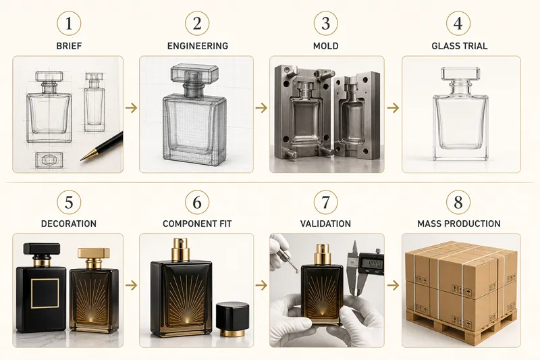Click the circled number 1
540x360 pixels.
point(69,24)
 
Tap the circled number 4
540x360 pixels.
point(458,24)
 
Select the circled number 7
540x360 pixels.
point(326,202)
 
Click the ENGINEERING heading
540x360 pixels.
point(198,46)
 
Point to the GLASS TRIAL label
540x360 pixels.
point(460,46)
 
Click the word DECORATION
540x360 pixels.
point(69,224)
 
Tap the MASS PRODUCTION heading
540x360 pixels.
point(459,224)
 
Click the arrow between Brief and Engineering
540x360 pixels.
point(131,108)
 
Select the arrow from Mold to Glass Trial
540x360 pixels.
point(393,108)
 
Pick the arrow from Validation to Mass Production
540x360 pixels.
point(393,285)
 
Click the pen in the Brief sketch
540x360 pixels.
point(102,147)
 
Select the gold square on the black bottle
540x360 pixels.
point(45,293)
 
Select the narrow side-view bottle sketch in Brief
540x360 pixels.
point(94,102)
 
